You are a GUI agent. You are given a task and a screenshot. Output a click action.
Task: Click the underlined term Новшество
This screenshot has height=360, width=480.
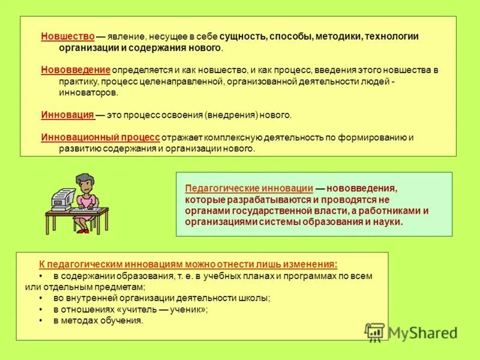[x=68, y=36]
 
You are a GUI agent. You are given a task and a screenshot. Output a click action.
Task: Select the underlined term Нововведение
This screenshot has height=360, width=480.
[x=76, y=70]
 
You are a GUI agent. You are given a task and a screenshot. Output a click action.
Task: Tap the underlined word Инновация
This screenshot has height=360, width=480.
[x=68, y=115]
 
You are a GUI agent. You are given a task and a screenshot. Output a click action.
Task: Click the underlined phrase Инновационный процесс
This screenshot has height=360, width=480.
[x=100, y=137]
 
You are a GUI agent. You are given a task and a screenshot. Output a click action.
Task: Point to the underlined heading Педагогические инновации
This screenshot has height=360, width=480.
[x=249, y=188]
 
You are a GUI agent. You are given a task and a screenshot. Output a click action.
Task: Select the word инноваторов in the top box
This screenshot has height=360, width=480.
[x=89, y=93]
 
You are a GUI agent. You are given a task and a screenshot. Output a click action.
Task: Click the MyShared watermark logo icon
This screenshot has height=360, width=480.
[x=375, y=332]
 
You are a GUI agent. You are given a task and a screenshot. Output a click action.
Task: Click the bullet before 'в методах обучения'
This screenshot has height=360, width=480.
[x=41, y=321]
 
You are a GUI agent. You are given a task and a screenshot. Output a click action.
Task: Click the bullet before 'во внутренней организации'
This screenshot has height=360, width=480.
[x=41, y=298]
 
